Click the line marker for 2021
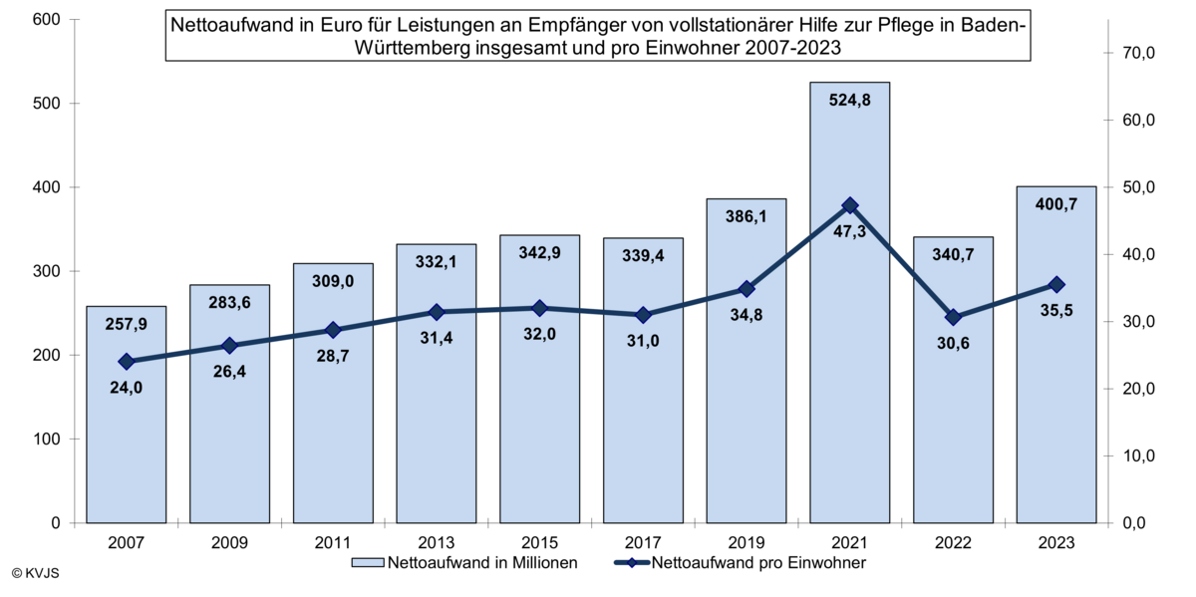[850, 206]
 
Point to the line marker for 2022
[953, 317]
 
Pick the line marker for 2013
[437, 312]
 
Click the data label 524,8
[849, 100]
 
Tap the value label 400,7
[1056, 204]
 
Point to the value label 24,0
[126, 388]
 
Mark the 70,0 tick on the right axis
[1136, 53]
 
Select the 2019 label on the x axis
[747, 543]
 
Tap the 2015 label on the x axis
[539, 543]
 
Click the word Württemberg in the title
[423, 46]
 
